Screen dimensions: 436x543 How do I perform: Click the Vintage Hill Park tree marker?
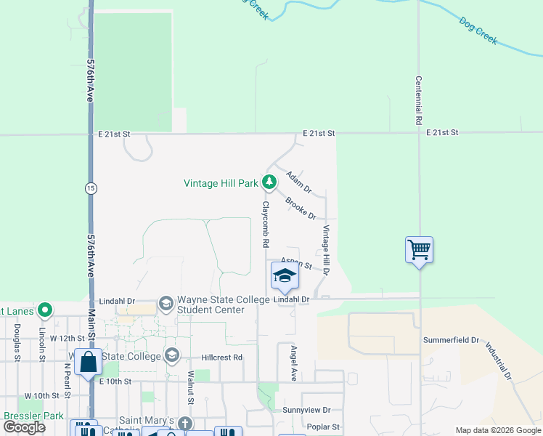click(269, 182)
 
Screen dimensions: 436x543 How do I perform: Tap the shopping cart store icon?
click(420, 250)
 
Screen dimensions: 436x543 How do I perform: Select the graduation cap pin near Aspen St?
click(285, 276)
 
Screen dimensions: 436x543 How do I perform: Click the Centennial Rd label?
click(419, 100)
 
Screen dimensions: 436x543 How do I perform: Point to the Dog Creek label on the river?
click(478, 31)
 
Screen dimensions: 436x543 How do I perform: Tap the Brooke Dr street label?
click(301, 209)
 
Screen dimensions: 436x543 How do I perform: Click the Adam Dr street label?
click(298, 182)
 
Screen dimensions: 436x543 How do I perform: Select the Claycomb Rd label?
click(266, 224)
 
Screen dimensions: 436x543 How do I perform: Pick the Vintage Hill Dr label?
click(326, 250)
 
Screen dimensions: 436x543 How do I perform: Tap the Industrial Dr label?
click(499, 362)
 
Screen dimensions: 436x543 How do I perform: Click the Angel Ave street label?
click(294, 363)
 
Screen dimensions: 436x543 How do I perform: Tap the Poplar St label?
click(324, 427)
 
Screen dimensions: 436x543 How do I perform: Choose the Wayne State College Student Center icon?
click(166, 303)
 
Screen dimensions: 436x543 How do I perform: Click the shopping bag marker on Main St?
click(88, 361)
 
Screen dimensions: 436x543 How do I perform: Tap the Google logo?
click(25, 427)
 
